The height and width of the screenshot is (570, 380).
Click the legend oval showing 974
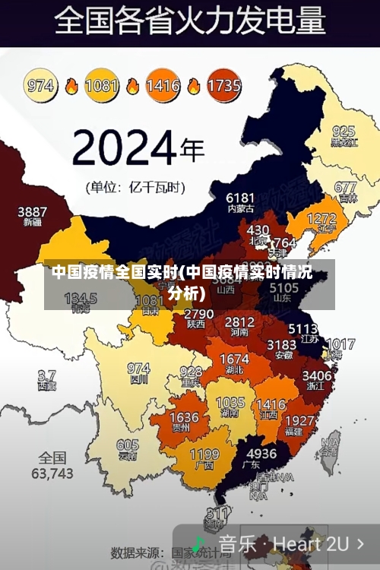click(42, 85)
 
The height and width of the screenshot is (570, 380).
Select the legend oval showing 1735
click(223, 85)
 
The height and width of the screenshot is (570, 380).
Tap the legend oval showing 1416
click(163, 85)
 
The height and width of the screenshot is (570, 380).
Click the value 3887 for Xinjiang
click(33, 211)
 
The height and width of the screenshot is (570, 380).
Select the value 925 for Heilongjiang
click(344, 131)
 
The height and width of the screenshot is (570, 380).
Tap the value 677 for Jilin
click(345, 187)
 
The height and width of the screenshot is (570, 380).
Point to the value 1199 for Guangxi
click(204, 456)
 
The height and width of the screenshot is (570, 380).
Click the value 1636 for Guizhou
click(184, 417)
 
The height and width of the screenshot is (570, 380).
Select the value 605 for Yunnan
click(128, 445)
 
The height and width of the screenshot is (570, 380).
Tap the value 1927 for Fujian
click(299, 420)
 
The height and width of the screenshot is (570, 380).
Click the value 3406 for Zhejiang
click(316, 375)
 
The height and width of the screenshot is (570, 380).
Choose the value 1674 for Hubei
click(233, 359)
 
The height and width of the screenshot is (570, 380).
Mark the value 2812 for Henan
click(239, 322)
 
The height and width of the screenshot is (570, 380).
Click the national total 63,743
click(52, 473)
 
